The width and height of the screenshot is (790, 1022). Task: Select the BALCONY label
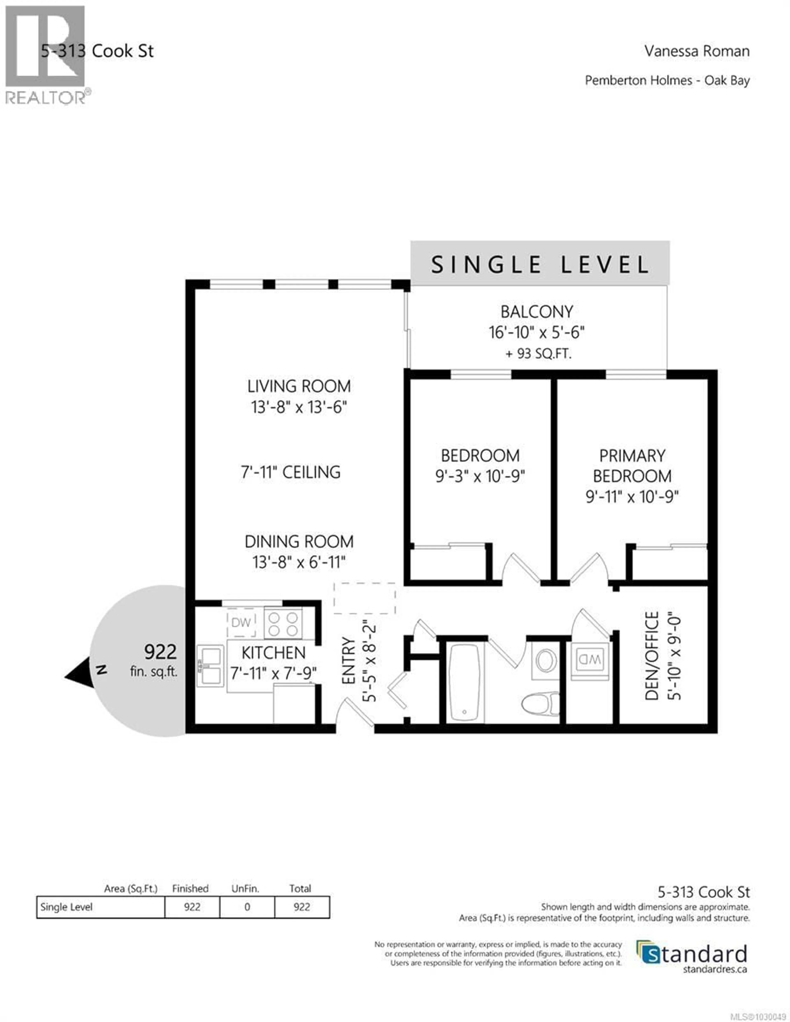click(x=537, y=312)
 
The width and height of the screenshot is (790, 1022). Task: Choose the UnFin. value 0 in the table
click(x=247, y=907)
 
